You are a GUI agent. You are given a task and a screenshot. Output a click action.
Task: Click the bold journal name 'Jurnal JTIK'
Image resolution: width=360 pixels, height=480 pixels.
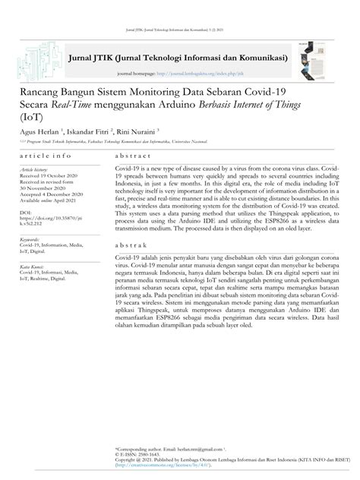point(90,57)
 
